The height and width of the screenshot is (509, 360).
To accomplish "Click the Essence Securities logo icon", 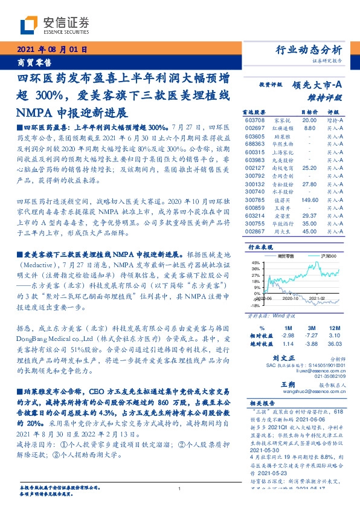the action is click(30, 24).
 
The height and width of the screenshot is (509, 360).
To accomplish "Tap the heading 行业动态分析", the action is click(312, 50).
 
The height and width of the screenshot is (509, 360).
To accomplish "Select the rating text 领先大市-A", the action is click(318, 86).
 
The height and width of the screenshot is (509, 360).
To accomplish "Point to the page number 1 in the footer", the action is click(180, 490).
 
